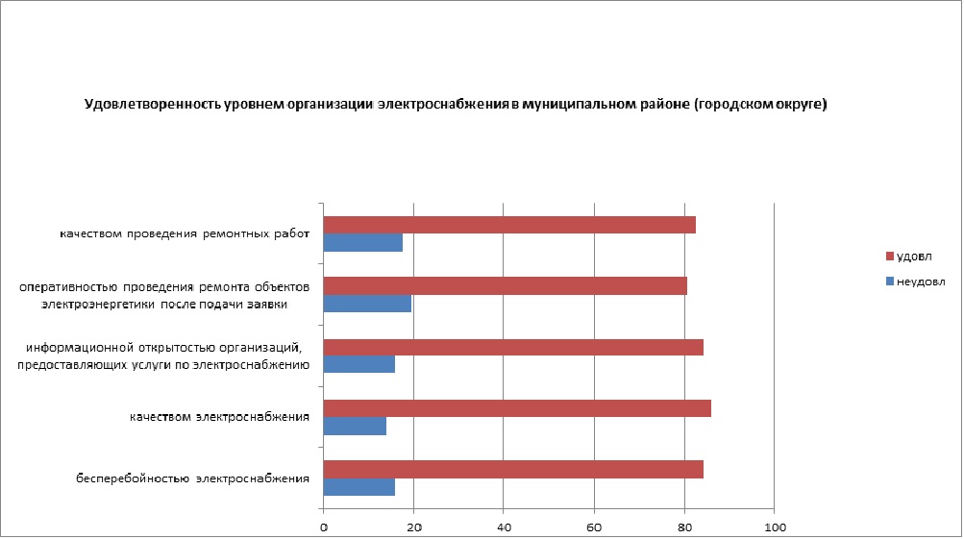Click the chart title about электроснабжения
coord(456,105)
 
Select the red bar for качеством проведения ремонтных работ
coord(509,225)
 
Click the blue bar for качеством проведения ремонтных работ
coord(362,242)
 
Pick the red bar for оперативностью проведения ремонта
coord(505,285)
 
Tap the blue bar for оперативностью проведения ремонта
coord(367,304)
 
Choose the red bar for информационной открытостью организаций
coord(513,347)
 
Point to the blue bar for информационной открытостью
coord(358,364)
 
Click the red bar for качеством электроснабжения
coord(517,408)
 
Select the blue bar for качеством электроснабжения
coord(355,426)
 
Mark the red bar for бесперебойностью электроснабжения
coord(513,469)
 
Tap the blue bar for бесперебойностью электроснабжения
coord(358,487)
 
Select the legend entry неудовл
coord(920,282)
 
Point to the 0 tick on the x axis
coord(324,527)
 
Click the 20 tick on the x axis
coord(414,527)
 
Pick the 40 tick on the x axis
coord(505,527)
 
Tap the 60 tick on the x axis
coord(594,527)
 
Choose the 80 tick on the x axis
coord(684,527)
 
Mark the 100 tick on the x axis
coord(775,527)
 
